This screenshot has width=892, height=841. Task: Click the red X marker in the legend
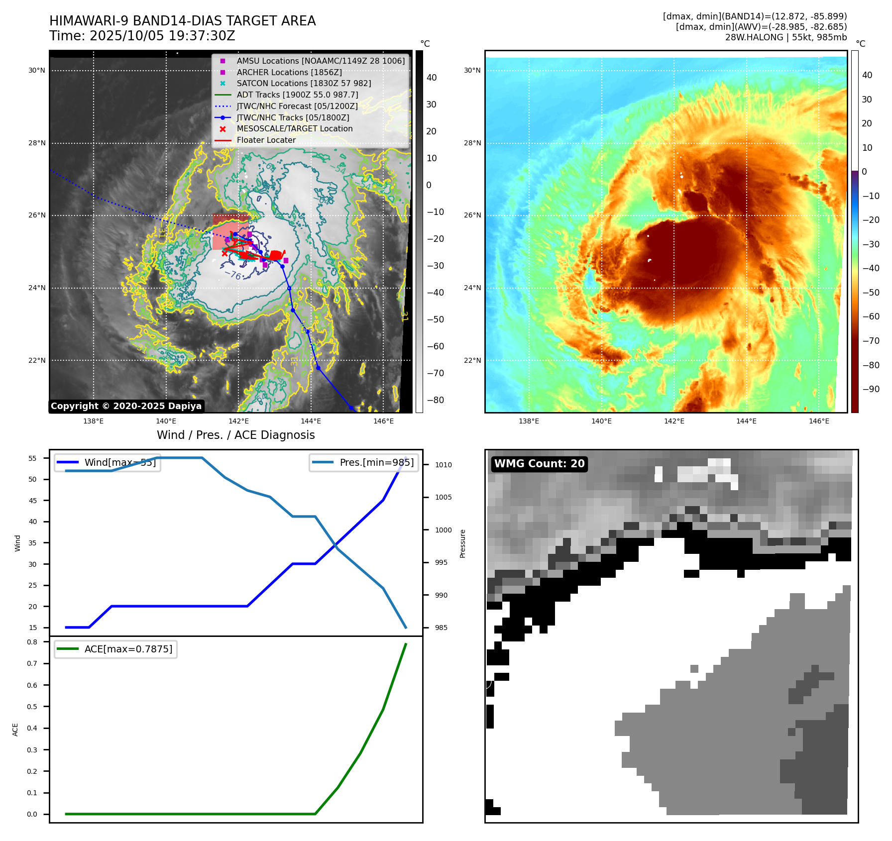[x=223, y=129]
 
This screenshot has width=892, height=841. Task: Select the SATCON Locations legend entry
[x=304, y=84]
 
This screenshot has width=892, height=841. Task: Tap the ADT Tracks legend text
[x=297, y=95]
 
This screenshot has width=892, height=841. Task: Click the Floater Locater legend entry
[x=266, y=140]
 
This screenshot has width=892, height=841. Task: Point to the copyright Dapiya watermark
[x=126, y=406]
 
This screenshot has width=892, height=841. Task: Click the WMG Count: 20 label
[x=539, y=464]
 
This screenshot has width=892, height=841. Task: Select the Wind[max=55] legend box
[x=108, y=462]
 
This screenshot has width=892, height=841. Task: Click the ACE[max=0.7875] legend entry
[x=115, y=649]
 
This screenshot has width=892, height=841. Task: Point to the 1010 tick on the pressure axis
[x=443, y=465]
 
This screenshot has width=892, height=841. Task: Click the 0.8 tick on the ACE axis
[x=32, y=642]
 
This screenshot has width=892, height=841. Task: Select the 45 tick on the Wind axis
[x=33, y=501]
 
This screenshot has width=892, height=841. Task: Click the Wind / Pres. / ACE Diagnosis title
[x=235, y=435]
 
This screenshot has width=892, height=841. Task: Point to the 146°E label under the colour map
[x=819, y=421]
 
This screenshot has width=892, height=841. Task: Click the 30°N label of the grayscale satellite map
[x=37, y=71]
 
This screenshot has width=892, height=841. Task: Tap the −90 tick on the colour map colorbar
[x=871, y=389]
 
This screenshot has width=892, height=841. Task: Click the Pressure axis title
[x=462, y=543]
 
